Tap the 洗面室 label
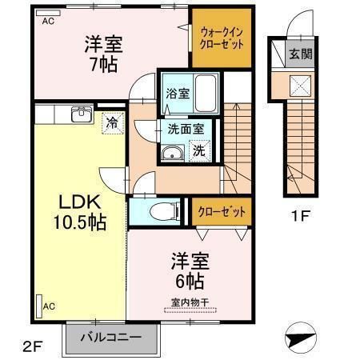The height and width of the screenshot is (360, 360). point(185,127)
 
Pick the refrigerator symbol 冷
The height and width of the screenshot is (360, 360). point(112,124)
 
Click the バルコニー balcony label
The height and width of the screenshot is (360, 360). point(111,336)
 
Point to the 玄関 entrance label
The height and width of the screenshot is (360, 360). point(301,54)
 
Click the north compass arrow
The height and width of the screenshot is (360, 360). point(304,338)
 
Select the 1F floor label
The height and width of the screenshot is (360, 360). point(299,215)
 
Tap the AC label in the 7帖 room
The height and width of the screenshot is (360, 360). point(49,21)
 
